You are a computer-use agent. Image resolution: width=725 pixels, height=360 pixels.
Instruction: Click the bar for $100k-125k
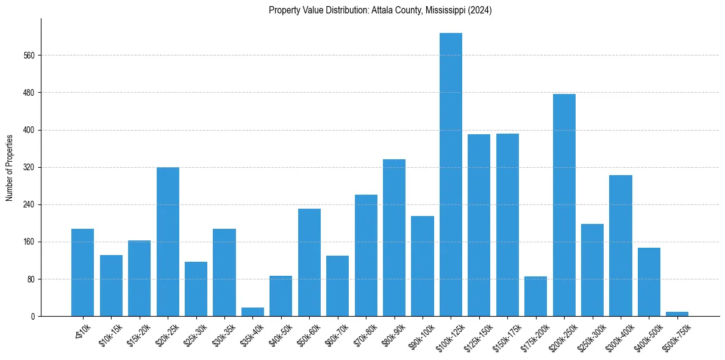click(451, 175)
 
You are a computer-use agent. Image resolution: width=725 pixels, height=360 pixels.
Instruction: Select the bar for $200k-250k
click(564, 205)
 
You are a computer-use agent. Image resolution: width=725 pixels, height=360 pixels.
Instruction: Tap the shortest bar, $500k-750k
click(677, 314)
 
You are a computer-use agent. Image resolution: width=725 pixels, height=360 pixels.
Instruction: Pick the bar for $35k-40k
click(252, 312)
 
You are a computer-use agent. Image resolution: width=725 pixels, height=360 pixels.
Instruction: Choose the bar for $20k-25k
click(168, 242)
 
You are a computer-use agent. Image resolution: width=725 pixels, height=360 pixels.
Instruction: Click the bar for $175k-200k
click(535, 296)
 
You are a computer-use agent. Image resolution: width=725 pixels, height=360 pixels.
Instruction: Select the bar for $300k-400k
click(620, 245)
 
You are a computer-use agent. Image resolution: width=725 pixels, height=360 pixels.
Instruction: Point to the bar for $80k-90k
click(394, 237)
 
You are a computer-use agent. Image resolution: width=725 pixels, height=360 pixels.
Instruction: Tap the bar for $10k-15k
click(111, 286)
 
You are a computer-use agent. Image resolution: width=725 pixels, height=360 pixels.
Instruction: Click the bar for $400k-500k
click(649, 282)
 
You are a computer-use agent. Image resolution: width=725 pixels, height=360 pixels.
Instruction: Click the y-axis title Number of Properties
click(10, 168)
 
